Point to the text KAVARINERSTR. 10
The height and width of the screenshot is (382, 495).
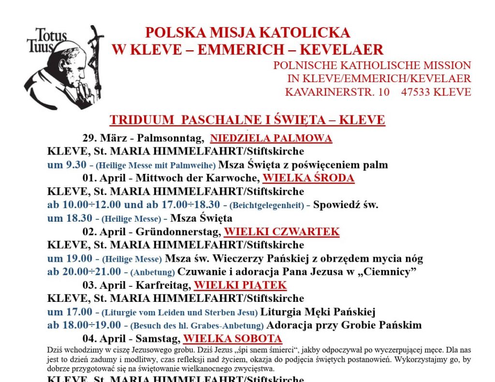tap(337, 92)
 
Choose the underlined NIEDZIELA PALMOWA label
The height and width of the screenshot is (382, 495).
tap(271, 139)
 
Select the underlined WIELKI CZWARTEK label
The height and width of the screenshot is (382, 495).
tap(281, 232)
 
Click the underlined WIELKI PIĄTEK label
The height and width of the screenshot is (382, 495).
tap(240, 285)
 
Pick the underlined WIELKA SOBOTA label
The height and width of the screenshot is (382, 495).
tap(233, 339)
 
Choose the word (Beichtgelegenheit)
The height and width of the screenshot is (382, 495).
tap(266, 205)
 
